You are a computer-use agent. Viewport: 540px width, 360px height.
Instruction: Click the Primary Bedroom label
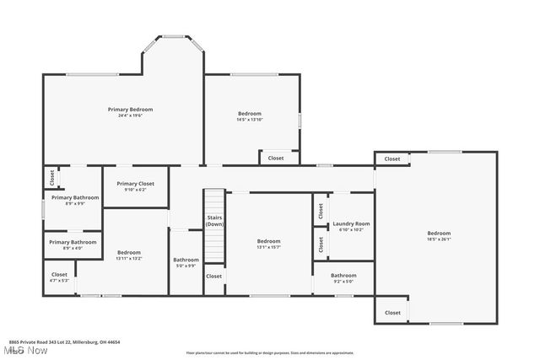click(x=130, y=110)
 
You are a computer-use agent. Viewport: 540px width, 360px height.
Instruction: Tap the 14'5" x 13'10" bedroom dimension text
click(x=249, y=120)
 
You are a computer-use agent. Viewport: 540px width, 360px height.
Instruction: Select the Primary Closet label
click(x=135, y=184)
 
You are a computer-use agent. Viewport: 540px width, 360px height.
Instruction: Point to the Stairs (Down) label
click(x=215, y=221)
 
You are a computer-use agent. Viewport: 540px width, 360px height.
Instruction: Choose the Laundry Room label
click(x=351, y=223)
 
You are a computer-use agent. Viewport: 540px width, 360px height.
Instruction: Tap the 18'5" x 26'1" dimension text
click(x=438, y=239)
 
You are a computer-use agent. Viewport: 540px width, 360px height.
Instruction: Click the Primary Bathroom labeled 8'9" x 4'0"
click(x=73, y=242)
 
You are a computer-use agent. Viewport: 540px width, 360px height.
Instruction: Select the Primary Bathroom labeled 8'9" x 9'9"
click(x=74, y=197)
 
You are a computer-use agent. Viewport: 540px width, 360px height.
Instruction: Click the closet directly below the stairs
click(x=214, y=276)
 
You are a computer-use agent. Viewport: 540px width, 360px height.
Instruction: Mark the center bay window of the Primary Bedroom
click(x=173, y=36)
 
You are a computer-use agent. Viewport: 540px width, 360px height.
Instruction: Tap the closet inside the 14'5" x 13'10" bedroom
click(x=276, y=158)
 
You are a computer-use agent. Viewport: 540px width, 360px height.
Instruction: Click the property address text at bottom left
click(x=64, y=342)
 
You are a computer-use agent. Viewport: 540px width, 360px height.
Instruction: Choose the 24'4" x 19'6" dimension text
click(x=130, y=116)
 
